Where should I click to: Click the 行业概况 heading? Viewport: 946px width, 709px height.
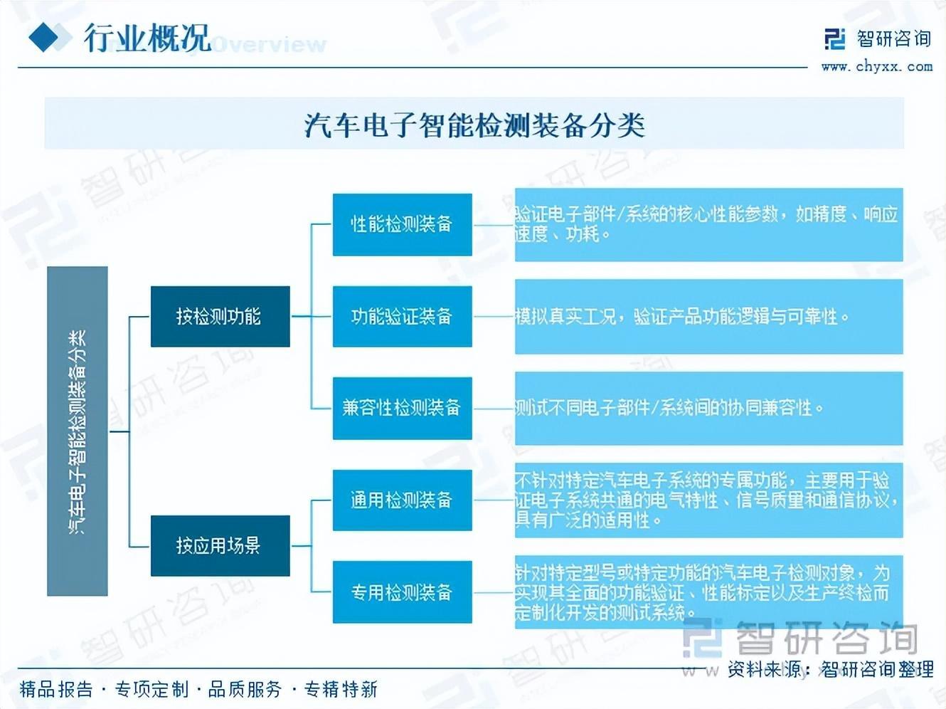[x=147, y=38]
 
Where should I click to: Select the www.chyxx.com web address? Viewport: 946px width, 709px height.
[x=876, y=66]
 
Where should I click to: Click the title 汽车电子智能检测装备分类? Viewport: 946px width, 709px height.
[x=474, y=125]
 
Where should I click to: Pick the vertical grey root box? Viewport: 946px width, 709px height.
[x=78, y=431]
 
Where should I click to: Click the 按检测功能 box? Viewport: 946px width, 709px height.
[x=220, y=316]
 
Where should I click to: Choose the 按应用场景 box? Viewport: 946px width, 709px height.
[x=220, y=545]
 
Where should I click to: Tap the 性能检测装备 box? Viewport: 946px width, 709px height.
[x=402, y=224]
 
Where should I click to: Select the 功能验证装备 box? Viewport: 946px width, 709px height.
[x=402, y=316]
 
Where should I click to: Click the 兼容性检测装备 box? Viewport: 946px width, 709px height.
[x=402, y=408]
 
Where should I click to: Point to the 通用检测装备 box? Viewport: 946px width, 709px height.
[x=402, y=500]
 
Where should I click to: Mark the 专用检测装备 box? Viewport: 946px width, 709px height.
[x=402, y=592]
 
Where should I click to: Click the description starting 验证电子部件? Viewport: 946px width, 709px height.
[x=708, y=224]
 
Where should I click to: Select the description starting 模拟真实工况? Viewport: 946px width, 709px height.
[x=708, y=316]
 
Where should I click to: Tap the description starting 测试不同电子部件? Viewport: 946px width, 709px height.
[x=708, y=408]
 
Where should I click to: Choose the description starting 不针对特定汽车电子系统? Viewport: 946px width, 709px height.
[x=708, y=500]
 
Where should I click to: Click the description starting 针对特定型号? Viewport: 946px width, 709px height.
[x=708, y=592]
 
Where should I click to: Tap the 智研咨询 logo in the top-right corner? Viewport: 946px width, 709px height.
[x=877, y=38]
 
